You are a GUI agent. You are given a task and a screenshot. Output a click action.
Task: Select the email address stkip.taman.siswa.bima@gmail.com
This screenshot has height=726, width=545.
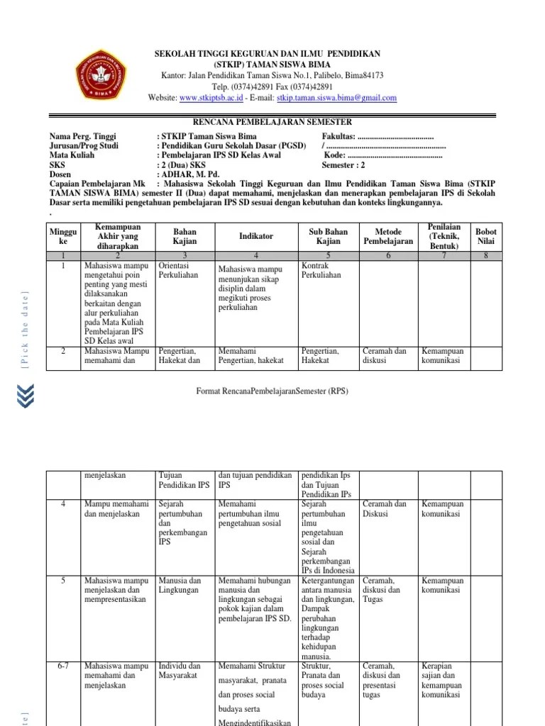(336, 98)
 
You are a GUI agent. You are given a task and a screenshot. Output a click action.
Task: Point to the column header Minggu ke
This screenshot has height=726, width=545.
(62, 237)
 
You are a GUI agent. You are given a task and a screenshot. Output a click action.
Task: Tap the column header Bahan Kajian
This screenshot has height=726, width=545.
(185, 237)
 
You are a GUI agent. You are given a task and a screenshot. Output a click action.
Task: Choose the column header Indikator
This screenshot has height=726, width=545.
(256, 236)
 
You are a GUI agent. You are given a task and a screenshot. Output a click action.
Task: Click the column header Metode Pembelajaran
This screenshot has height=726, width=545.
(387, 237)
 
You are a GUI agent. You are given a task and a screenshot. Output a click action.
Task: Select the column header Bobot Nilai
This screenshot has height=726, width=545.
(486, 237)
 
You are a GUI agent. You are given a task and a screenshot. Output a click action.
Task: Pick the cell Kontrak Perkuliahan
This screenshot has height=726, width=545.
(321, 269)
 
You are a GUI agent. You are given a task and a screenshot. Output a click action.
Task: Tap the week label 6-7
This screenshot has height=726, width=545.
(62, 666)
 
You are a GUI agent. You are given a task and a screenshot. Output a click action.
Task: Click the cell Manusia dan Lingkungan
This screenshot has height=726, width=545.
(180, 585)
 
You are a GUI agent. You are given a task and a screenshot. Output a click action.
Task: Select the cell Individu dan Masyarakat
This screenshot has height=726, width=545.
(180, 671)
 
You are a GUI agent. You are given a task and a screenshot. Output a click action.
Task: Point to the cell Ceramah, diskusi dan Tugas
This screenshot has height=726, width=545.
(381, 590)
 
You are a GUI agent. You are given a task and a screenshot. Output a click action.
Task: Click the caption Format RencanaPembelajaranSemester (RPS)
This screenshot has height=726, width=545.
(272, 391)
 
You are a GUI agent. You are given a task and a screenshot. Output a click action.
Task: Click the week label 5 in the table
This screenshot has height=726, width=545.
(62, 581)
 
